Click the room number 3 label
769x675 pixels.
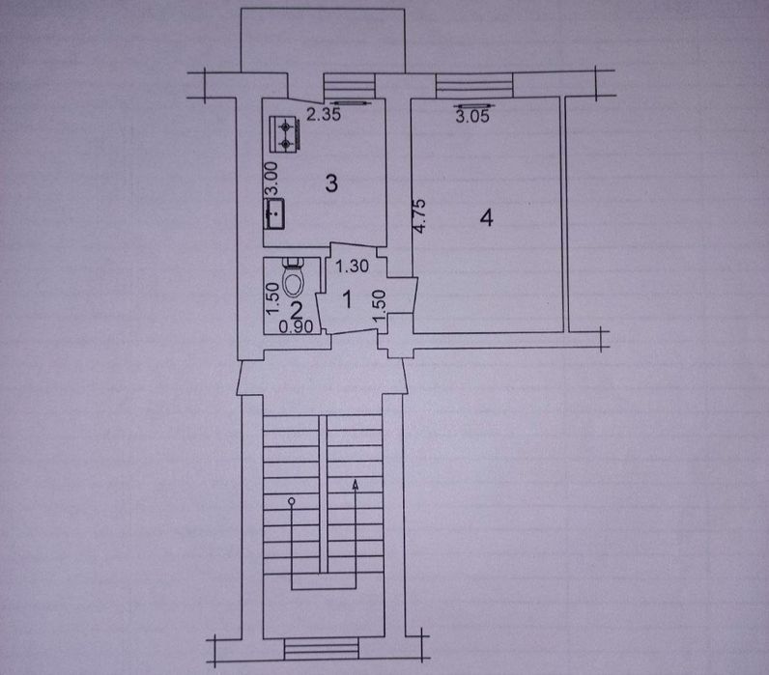331,183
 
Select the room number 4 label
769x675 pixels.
487,217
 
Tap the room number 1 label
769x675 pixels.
348,299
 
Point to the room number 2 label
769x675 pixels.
297,310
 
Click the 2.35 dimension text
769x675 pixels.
324,115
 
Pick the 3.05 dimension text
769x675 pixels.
472,116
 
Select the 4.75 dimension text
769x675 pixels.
419,215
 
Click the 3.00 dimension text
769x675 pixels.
271,178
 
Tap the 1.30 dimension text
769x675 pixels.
352,267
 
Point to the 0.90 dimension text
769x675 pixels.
296,326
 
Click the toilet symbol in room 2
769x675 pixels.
295,278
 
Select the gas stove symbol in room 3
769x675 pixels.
284,133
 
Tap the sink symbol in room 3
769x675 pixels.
274,213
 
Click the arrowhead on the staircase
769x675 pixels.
356,485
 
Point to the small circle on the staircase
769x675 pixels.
292,501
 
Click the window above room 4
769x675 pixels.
474,84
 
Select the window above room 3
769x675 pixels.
349,86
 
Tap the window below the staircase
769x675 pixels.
322,650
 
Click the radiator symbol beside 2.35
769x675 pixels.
350,103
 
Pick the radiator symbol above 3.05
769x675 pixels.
474,105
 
